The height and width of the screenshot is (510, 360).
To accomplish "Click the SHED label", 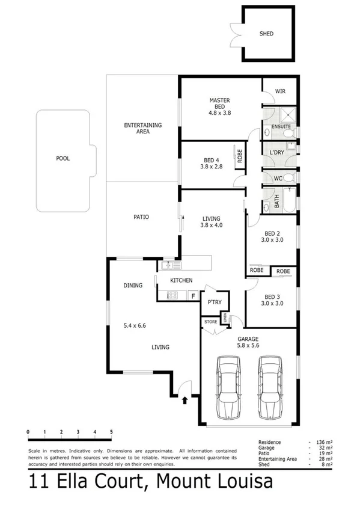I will point(266,34).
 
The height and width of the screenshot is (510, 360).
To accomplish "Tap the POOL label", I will point(63,159).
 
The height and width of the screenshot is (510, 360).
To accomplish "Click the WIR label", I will point(280,91).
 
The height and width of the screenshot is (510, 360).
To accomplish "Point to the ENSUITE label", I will point(281,127).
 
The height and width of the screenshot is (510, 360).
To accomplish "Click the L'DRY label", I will point(276,153).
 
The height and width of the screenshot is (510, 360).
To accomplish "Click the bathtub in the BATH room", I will point(288,200).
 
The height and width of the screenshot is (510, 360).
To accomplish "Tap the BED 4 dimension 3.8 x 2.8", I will point(211,167).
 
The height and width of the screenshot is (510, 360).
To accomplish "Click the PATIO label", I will point(142,217).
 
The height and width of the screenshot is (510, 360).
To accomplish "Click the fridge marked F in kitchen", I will point(193,295).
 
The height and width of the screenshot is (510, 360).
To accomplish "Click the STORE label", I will point(210,322).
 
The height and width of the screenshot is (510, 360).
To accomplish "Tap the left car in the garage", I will point(228,387).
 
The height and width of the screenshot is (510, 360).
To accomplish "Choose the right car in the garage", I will point(270,387).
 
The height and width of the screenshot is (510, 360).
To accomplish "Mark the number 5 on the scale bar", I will point(111,432).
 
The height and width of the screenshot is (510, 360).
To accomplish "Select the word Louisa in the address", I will point(243,482).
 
